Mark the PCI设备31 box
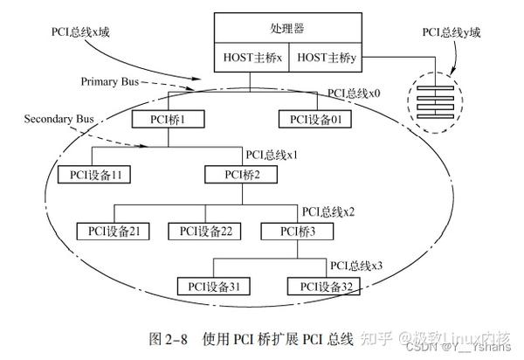213,285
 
